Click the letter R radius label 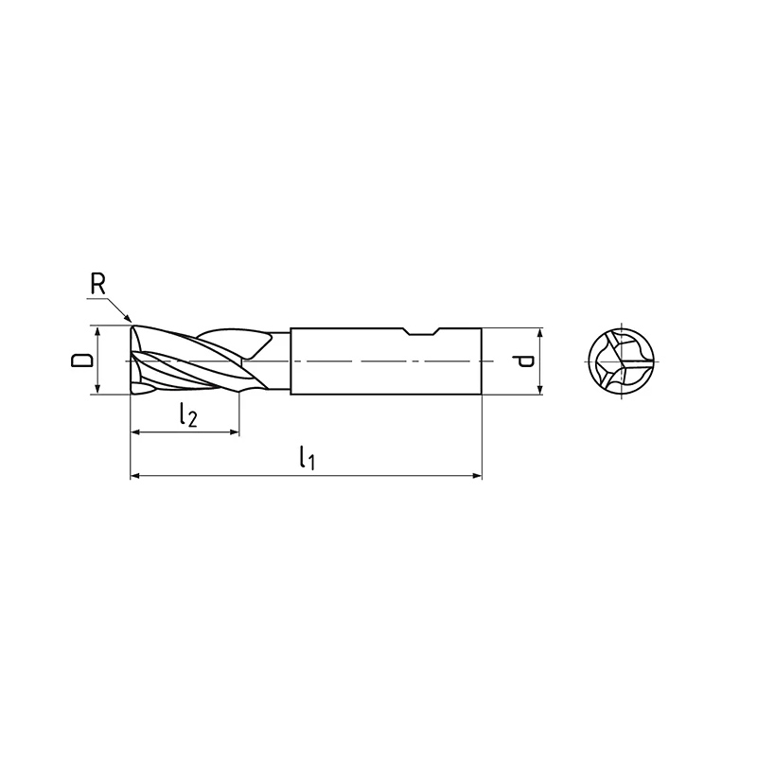click(97, 285)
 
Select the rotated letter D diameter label click(81, 361)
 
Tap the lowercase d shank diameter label click(523, 361)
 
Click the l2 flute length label click(187, 414)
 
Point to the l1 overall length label click(307, 458)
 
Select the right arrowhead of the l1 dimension click(477, 476)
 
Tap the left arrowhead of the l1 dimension click(136, 476)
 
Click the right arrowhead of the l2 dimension click(234, 432)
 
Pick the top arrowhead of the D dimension click(98, 332)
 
